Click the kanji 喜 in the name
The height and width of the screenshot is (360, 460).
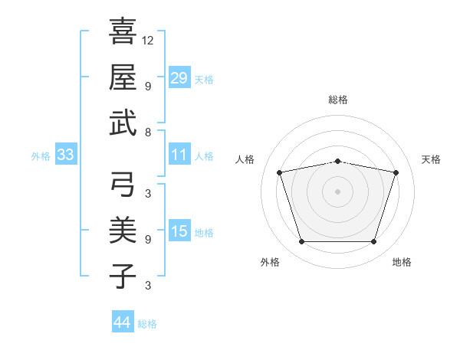point(123,31)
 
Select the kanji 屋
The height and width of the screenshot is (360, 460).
point(123,77)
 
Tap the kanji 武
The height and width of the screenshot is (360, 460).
point(123,123)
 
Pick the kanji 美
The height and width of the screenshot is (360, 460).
point(123,230)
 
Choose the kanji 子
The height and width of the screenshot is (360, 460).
point(123,276)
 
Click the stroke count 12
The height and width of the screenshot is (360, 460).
point(147,41)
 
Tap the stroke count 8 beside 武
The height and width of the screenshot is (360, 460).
point(148,133)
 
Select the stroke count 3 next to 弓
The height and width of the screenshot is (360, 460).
point(148,194)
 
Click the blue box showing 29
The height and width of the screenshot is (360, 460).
point(179,77)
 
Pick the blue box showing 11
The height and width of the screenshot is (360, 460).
point(179,154)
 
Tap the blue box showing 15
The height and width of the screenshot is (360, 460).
point(179,230)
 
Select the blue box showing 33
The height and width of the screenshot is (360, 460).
point(66,154)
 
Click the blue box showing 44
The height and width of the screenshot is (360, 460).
point(123,321)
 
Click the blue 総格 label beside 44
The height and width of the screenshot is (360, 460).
point(147,324)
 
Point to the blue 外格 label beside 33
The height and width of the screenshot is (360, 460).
point(41,156)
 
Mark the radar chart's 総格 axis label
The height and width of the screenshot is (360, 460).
point(338,100)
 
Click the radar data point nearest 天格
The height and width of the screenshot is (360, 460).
point(396,172)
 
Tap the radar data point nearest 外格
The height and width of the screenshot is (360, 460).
point(302,241)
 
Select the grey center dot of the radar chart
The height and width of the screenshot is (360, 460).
point(337,191)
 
